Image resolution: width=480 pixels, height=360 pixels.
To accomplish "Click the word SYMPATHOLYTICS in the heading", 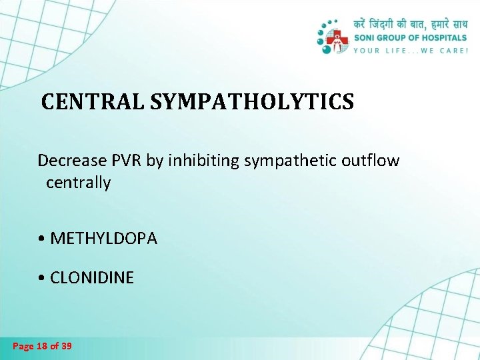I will pyautogui.click(x=252, y=102).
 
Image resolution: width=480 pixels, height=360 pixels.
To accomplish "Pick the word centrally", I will pyautogui.click(x=78, y=183).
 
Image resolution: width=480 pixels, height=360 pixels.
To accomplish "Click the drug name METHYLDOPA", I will pyautogui.click(x=103, y=239).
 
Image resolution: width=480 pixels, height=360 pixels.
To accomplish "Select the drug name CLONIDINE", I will pyautogui.click(x=92, y=277).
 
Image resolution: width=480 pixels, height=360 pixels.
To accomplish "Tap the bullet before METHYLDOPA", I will pyautogui.click(x=42, y=239).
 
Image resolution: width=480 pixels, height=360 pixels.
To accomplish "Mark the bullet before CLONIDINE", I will pyautogui.click(x=42, y=278).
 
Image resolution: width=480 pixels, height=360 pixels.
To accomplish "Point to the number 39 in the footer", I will pyautogui.click(x=66, y=346).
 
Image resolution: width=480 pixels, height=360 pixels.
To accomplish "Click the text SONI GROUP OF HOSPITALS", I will pyautogui.click(x=410, y=38).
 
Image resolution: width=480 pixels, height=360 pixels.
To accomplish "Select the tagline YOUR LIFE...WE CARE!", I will pyautogui.click(x=410, y=50).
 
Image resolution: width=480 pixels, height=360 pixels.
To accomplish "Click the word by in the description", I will pyautogui.click(x=154, y=161).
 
